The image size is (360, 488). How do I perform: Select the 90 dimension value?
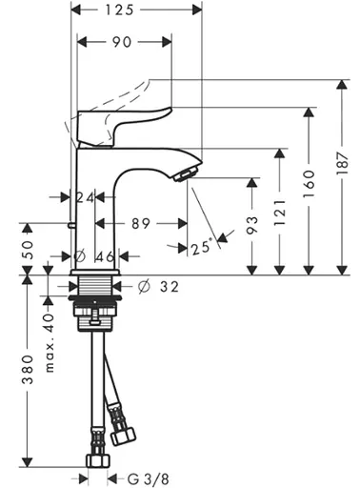[123, 42]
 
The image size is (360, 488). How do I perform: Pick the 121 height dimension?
[278, 210]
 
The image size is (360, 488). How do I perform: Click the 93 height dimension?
[250, 225]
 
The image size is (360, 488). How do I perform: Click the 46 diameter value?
[106, 256]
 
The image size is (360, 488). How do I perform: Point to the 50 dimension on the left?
[28, 249]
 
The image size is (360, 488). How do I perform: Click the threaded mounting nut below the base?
[96, 309]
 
